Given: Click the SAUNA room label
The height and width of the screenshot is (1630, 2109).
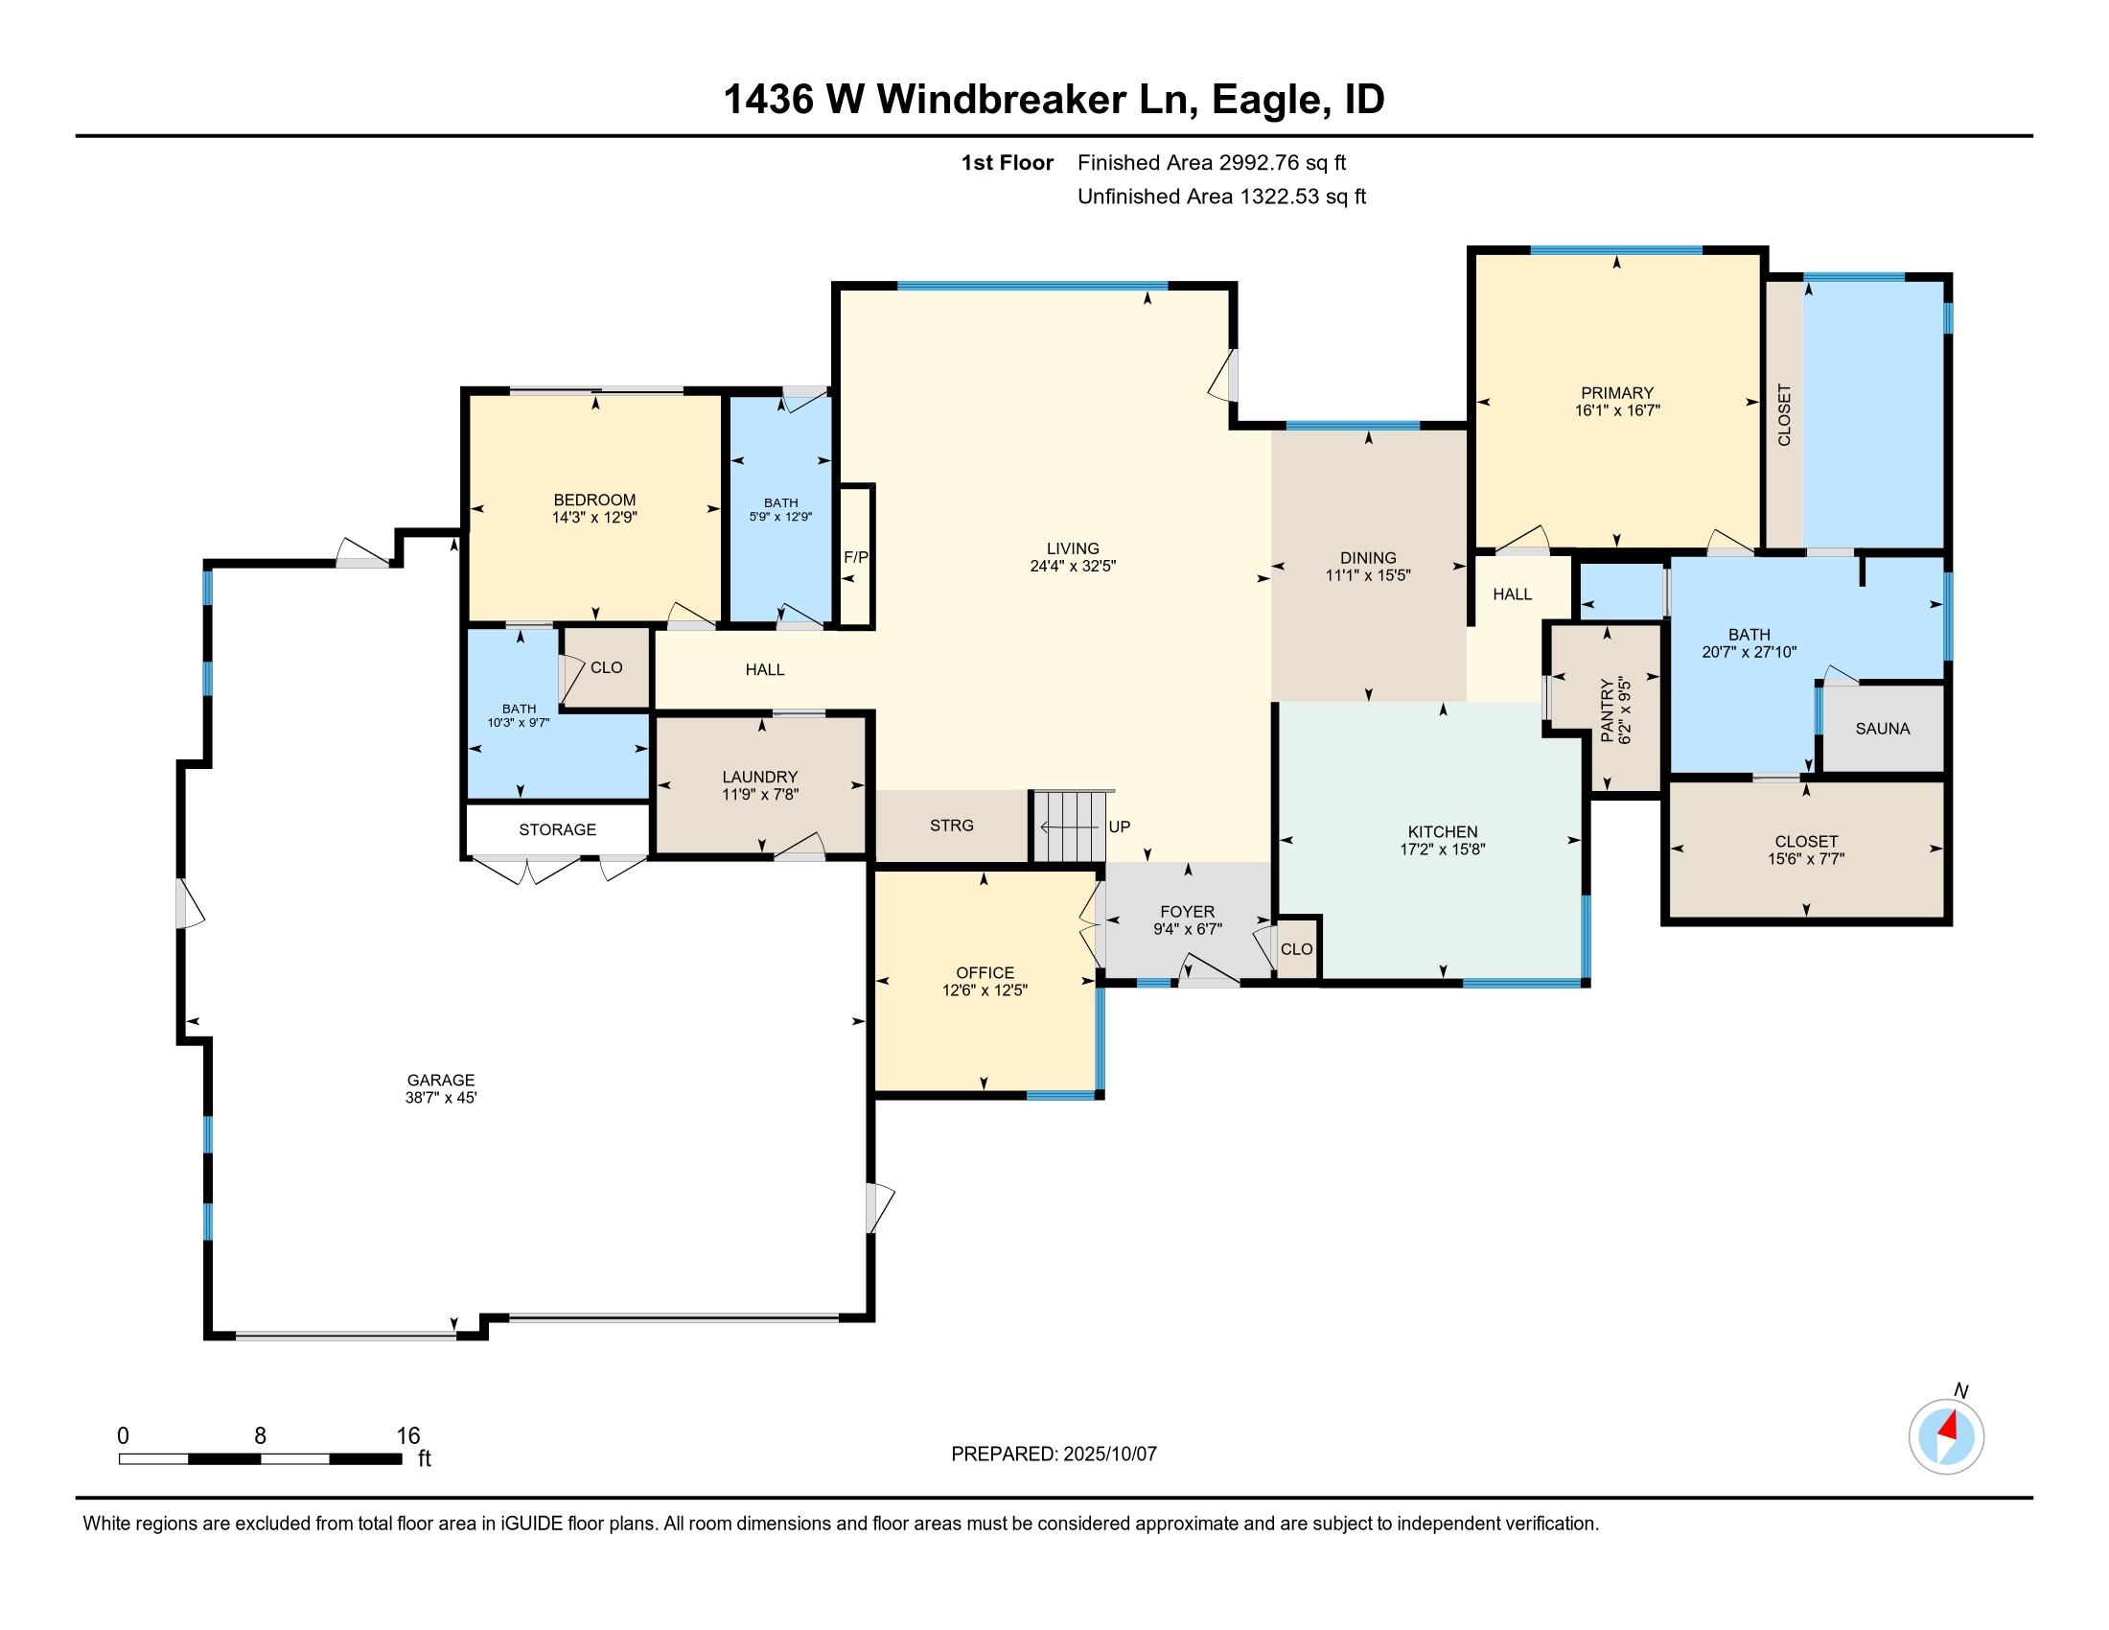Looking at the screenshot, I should click(x=1881, y=729).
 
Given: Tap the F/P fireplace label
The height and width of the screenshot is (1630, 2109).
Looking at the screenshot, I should click(x=854, y=557).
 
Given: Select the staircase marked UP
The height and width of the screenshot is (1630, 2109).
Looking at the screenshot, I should click(x=1069, y=827).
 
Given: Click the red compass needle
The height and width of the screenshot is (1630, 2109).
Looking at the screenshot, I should click(x=1949, y=1425).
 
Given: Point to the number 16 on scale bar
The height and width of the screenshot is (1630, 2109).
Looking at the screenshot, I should click(x=407, y=1436).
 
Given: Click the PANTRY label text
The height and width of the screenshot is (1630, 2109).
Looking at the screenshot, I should click(x=1607, y=710).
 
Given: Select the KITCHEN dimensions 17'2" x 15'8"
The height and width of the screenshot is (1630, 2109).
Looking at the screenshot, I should click(x=1442, y=850).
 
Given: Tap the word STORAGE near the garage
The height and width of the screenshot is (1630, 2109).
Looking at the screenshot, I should click(x=557, y=829).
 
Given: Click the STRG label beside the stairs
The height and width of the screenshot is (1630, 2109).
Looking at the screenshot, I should click(x=951, y=826).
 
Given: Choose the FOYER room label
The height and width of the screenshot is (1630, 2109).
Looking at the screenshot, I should click(x=1187, y=912).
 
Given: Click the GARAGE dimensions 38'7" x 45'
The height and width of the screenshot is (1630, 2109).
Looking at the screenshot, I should click(x=440, y=1098).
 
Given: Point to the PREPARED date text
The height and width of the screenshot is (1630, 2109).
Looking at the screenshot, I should click(x=1053, y=1455).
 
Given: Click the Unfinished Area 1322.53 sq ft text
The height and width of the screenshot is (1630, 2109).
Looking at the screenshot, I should click(x=1220, y=197).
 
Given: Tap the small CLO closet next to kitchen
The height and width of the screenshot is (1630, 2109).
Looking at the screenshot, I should click(x=1296, y=949).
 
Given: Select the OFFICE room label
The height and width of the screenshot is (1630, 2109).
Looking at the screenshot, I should click(x=984, y=972).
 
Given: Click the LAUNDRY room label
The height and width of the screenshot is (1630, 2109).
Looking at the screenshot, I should click(x=760, y=777).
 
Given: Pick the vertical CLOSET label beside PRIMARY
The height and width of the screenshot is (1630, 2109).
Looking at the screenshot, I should click(x=1784, y=415).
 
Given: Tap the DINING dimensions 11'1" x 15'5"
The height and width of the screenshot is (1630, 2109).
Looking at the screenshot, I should click(x=1367, y=575).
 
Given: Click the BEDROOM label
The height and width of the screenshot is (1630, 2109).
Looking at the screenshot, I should click(x=594, y=500).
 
